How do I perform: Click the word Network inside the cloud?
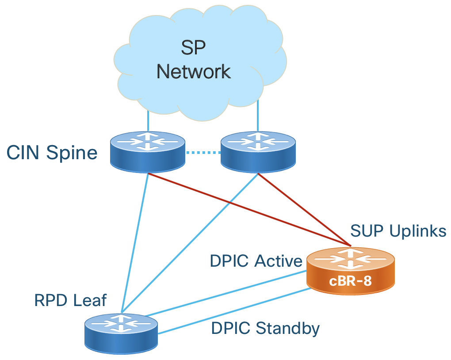click(x=194, y=72)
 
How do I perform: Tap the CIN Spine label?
click(x=52, y=153)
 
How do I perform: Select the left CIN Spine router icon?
click(x=147, y=150)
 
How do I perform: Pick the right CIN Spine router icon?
click(x=258, y=150)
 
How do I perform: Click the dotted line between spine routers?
click(x=203, y=153)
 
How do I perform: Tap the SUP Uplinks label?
click(x=398, y=231)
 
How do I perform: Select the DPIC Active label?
click(x=256, y=261)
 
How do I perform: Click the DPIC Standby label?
click(x=265, y=328)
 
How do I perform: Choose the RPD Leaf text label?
click(x=71, y=301)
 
